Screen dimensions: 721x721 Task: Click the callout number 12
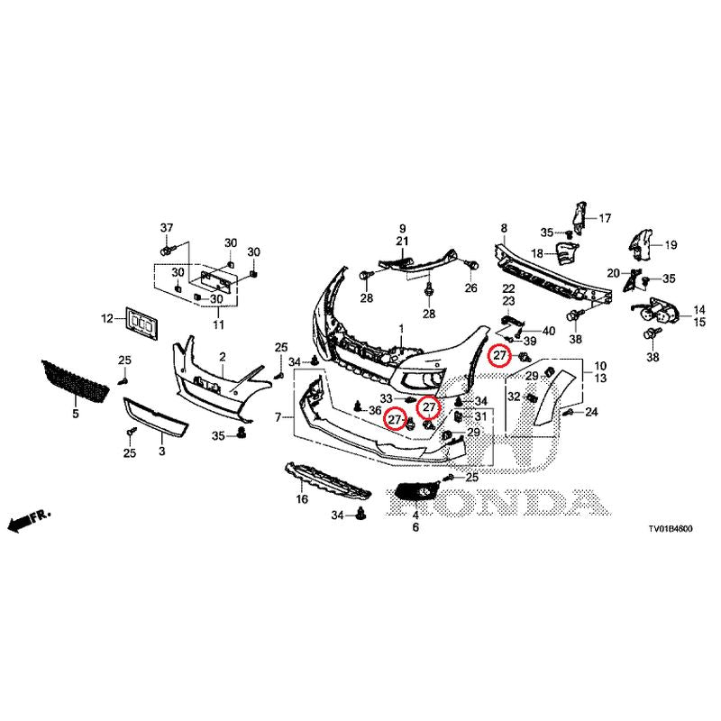click(106, 318)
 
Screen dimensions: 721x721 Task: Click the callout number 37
click(166, 225)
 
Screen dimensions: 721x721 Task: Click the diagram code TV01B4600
click(668, 532)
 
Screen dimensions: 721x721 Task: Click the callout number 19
click(670, 244)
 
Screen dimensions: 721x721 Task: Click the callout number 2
click(223, 358)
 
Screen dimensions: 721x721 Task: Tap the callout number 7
click(279, 417)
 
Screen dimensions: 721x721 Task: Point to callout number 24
click(592, 412)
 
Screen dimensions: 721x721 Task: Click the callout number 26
click(470, 288)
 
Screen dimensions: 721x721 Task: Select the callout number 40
click(550, 332)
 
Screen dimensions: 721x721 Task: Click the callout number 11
click(217, 324)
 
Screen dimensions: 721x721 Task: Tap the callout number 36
click(375, 410)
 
